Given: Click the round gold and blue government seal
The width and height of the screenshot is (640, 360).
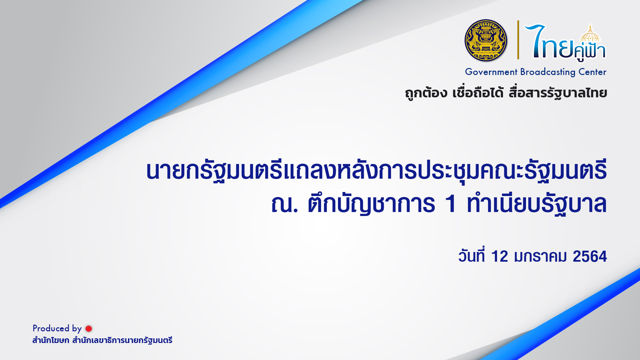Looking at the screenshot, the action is click(486, 40).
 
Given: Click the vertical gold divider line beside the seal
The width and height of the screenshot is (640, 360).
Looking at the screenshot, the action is click(518, 40).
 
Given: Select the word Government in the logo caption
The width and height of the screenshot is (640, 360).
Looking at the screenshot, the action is click(491, 72).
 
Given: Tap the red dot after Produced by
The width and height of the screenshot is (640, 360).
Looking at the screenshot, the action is click(89, 329).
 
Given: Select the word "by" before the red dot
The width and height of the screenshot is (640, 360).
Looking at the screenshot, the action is click(77, 329).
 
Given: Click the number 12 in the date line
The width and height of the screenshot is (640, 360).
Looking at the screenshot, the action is click(499, 256).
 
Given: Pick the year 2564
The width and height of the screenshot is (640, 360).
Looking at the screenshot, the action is click(590, 256).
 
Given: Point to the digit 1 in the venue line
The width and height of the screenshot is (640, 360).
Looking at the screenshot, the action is click(451, 204).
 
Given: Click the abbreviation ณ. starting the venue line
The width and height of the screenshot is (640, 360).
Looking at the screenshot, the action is click(284, 204).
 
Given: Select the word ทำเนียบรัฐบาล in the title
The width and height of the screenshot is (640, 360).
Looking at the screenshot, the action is click(537, 203).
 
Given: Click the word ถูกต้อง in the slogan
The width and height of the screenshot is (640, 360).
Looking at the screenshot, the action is click(426, 93).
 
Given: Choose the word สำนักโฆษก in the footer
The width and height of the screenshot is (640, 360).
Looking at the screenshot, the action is click(51, 340).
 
